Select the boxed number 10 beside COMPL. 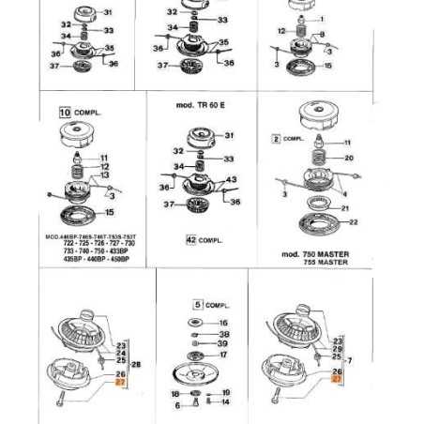[65, 112]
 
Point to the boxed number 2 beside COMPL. [276, 138]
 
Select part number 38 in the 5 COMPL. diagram [223, 333]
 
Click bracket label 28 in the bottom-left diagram [137, 364]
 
